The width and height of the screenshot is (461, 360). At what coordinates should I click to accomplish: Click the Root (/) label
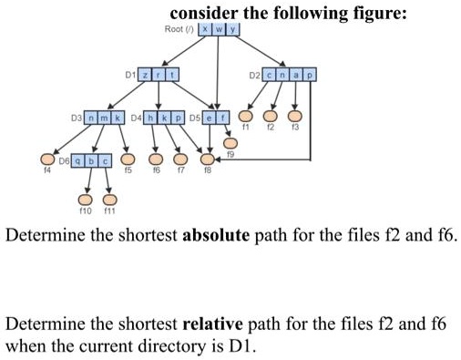click(178, 29)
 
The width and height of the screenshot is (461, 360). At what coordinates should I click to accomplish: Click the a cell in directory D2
click(297, 72)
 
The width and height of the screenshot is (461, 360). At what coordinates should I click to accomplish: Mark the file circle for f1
click(245, 117)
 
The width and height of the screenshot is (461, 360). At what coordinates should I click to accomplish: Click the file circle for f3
click(293, 117)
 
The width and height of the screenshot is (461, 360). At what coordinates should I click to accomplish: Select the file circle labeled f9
click(230, 143)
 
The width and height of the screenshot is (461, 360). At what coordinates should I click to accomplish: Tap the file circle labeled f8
click(207, 159)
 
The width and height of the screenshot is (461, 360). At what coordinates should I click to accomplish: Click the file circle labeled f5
click(128, 159)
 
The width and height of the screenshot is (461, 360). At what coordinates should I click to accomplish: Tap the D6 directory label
click(63, 160)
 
